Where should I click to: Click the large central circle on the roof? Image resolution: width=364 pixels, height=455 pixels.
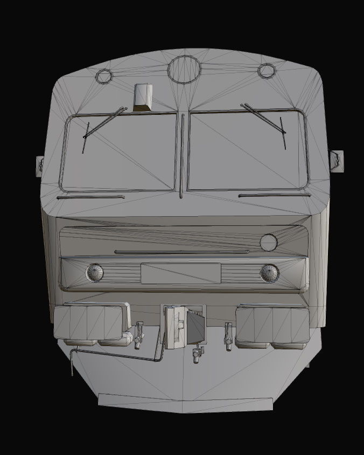pyautogui.click(x=184, y=69)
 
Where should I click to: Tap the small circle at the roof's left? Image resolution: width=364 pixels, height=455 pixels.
pyautogui.click(x=103, y=76)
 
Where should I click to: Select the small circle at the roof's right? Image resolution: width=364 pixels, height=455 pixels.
pyautogui.click(x=266, y=70)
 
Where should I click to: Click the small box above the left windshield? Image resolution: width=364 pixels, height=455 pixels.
pyautogui.click(x=143, y=98)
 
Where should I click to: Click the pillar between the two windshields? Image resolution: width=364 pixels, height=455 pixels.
pyautogui.click(x=182, y=154)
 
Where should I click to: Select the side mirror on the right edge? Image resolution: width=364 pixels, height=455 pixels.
pyautogui.click(x=337, y=160)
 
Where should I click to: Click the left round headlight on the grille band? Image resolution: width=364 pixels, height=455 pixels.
pyautogui.click(x=95, y=273)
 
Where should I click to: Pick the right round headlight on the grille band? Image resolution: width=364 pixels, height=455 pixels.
pyautogui.click(x=269, y=273)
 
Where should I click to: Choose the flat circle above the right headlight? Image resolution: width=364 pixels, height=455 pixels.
pyautogui.click(x=268, y=243)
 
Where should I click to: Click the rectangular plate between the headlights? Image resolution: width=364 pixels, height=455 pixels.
pyautogui.click(x=180, y=273)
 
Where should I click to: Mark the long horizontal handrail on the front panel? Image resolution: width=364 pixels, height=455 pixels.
pyautogui.click(x=182, y=251)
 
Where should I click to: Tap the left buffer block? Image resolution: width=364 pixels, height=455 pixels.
pyautogui.click(x=90, y=322)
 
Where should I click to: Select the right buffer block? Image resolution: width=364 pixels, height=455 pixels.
pyautogui.click(x=272, y=323)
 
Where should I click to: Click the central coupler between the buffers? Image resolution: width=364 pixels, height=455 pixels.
pyautogui.click(x=185, y=327)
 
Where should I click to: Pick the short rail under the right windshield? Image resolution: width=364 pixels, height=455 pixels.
pyautogui.click(x=274, y=195)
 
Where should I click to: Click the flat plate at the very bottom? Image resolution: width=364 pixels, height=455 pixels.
pyautogui.click(x=185, y=402)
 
